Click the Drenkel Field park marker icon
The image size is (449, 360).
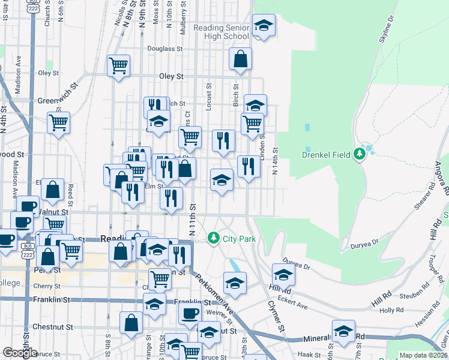click(360, 154)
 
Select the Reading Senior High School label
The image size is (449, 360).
click(221, 32)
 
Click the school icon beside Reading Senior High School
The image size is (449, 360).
click(263, 26)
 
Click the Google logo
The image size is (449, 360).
click(20, 353)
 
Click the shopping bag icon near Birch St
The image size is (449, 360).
click(240, 59)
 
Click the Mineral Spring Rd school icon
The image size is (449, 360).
click(343, 331)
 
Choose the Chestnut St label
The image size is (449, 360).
click(53, 327)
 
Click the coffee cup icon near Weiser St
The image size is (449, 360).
click(190, 313)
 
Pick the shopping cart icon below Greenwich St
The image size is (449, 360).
click(59, 123)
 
